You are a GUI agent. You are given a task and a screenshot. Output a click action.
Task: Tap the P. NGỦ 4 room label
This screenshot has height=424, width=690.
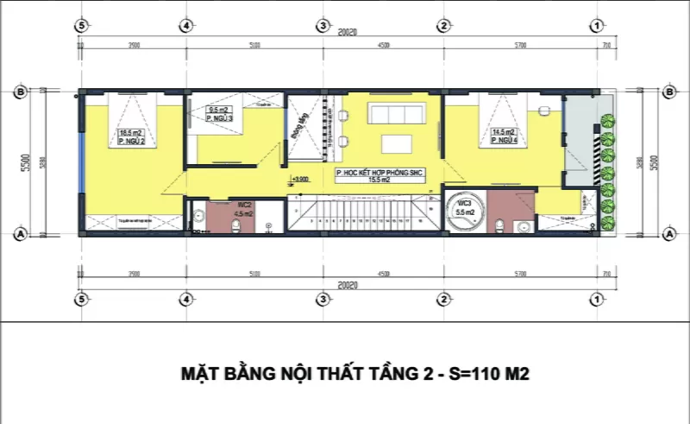[x=505, y=141]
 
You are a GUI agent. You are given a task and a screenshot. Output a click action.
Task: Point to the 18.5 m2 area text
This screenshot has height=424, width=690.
[x=130, y=133]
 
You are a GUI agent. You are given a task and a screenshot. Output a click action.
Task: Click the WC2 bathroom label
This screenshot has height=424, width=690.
[x=244, y=204]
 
